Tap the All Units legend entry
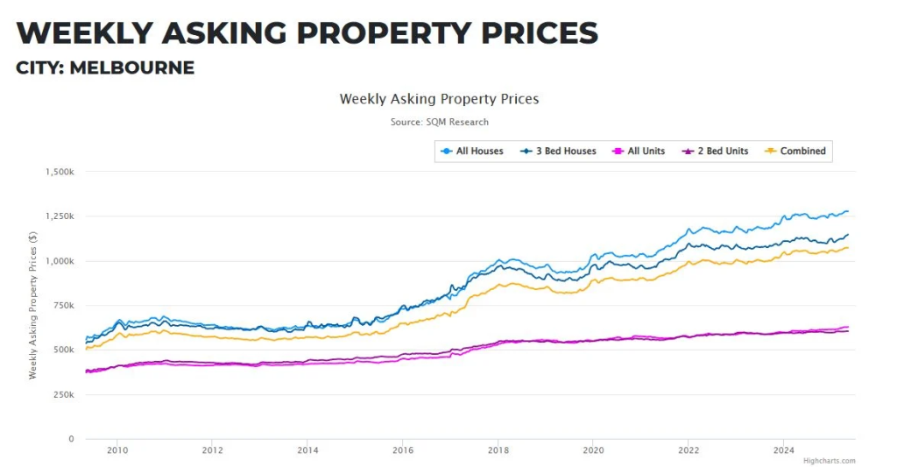point(639,151)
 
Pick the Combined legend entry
point(796,151)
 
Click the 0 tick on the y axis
point(73,439)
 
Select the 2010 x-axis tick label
point(117,450)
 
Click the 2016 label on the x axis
point(402,450)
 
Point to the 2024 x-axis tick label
point(783,450)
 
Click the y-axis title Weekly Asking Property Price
point(33,305)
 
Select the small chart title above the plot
point(439,99)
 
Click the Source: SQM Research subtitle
point(439,122)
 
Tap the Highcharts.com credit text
point(829,461)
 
